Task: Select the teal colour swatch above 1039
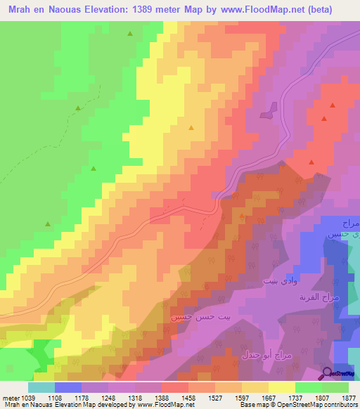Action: point(41,387)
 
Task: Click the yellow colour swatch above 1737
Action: point(282,387)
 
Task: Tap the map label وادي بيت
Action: point(276,281)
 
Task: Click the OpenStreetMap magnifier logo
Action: point(326,373)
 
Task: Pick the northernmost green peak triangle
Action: point(130,34)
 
